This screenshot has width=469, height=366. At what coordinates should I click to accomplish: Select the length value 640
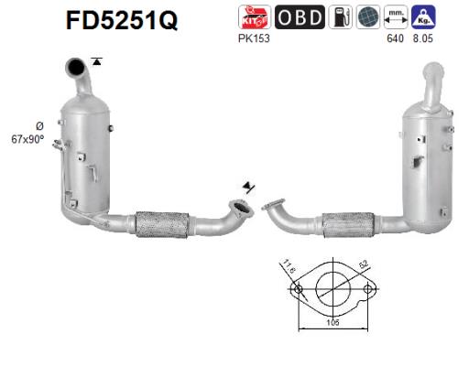pyautogui.click(x=395, y=38)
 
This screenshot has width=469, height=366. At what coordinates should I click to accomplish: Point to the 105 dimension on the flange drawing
pyautogui.click(x=333, y=323)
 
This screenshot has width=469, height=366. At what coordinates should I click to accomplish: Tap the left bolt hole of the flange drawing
pyautogui.click(x=297, y=291)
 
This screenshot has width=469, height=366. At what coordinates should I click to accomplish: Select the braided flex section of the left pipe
pyautogui.click(x=161, y=223)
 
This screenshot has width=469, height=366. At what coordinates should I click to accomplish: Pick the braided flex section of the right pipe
pyautogui.click(x=348, y=223)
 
